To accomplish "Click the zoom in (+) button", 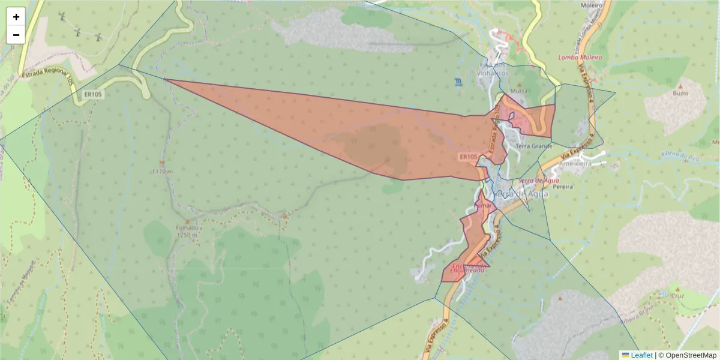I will point(16,17).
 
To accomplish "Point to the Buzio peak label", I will point(680,94).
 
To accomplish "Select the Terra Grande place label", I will point(533,146).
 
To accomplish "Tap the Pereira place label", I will point(563,187).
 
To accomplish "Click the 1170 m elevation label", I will point(162,171).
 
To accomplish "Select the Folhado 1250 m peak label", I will point(187,232).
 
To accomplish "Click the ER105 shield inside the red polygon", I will point(468,157).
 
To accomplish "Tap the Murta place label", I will point(518,91).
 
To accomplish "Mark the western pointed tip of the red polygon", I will point(164,79).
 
